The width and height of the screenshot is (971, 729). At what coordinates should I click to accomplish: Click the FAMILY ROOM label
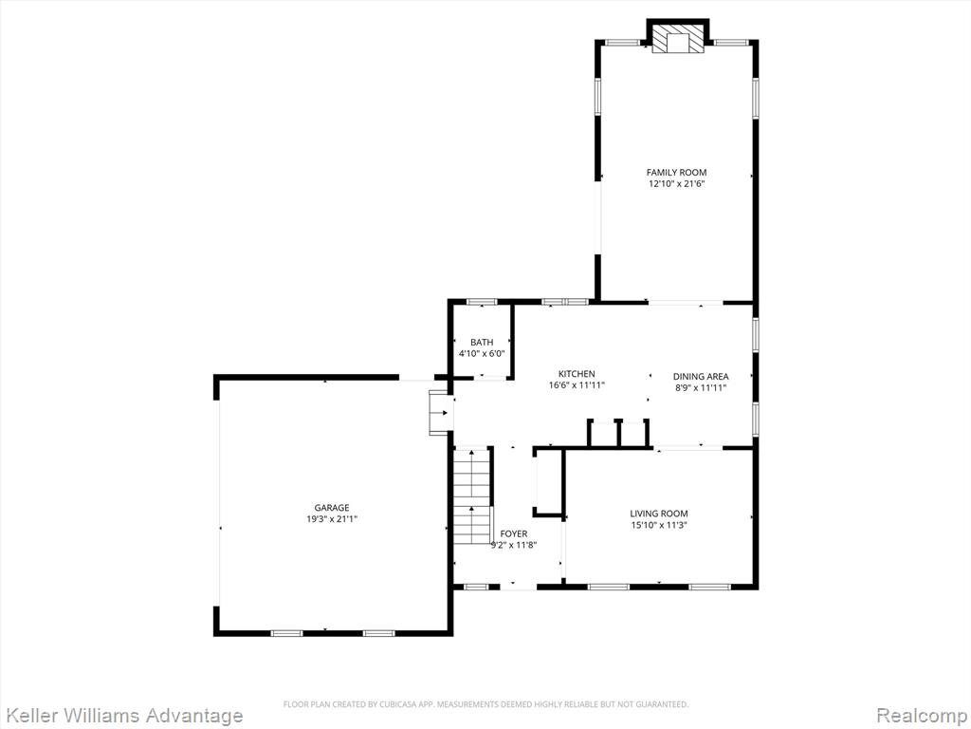tap(676, 173)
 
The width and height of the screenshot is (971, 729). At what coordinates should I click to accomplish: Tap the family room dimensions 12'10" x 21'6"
tap(676, 183)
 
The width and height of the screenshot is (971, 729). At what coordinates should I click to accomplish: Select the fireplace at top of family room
tap(678, 40)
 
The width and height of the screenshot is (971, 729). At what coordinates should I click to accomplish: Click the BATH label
tap(482, 342)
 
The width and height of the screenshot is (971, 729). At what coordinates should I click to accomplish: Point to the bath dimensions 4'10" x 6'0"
tap(482, 353)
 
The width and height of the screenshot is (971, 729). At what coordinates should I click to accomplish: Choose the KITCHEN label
tap(577, 374)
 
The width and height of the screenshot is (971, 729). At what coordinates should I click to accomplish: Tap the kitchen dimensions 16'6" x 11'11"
tap(577, 385)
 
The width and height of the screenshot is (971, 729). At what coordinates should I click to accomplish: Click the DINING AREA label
tap(701, 376)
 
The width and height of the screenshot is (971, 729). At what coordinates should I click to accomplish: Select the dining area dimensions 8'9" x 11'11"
tap(701, 388)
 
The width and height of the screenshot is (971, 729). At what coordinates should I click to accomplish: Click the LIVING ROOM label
tap(659, 514)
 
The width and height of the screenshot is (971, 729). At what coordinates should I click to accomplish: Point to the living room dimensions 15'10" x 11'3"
tap(659, 525)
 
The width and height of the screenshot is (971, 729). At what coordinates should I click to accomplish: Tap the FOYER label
tap(514, 533)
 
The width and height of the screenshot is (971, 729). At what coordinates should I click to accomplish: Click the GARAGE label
tap(332, 508)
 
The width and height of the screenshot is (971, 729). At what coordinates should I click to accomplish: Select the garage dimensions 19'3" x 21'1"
tap(332, 519)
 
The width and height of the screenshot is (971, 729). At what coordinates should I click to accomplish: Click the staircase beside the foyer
tap(472, 495)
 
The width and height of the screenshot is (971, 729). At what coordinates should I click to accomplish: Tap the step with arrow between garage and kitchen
tap(440, 412)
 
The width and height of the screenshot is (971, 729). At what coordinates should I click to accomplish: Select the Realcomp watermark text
tap(922, 716)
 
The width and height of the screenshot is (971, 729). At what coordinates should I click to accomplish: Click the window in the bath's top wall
tap(482, 302)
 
